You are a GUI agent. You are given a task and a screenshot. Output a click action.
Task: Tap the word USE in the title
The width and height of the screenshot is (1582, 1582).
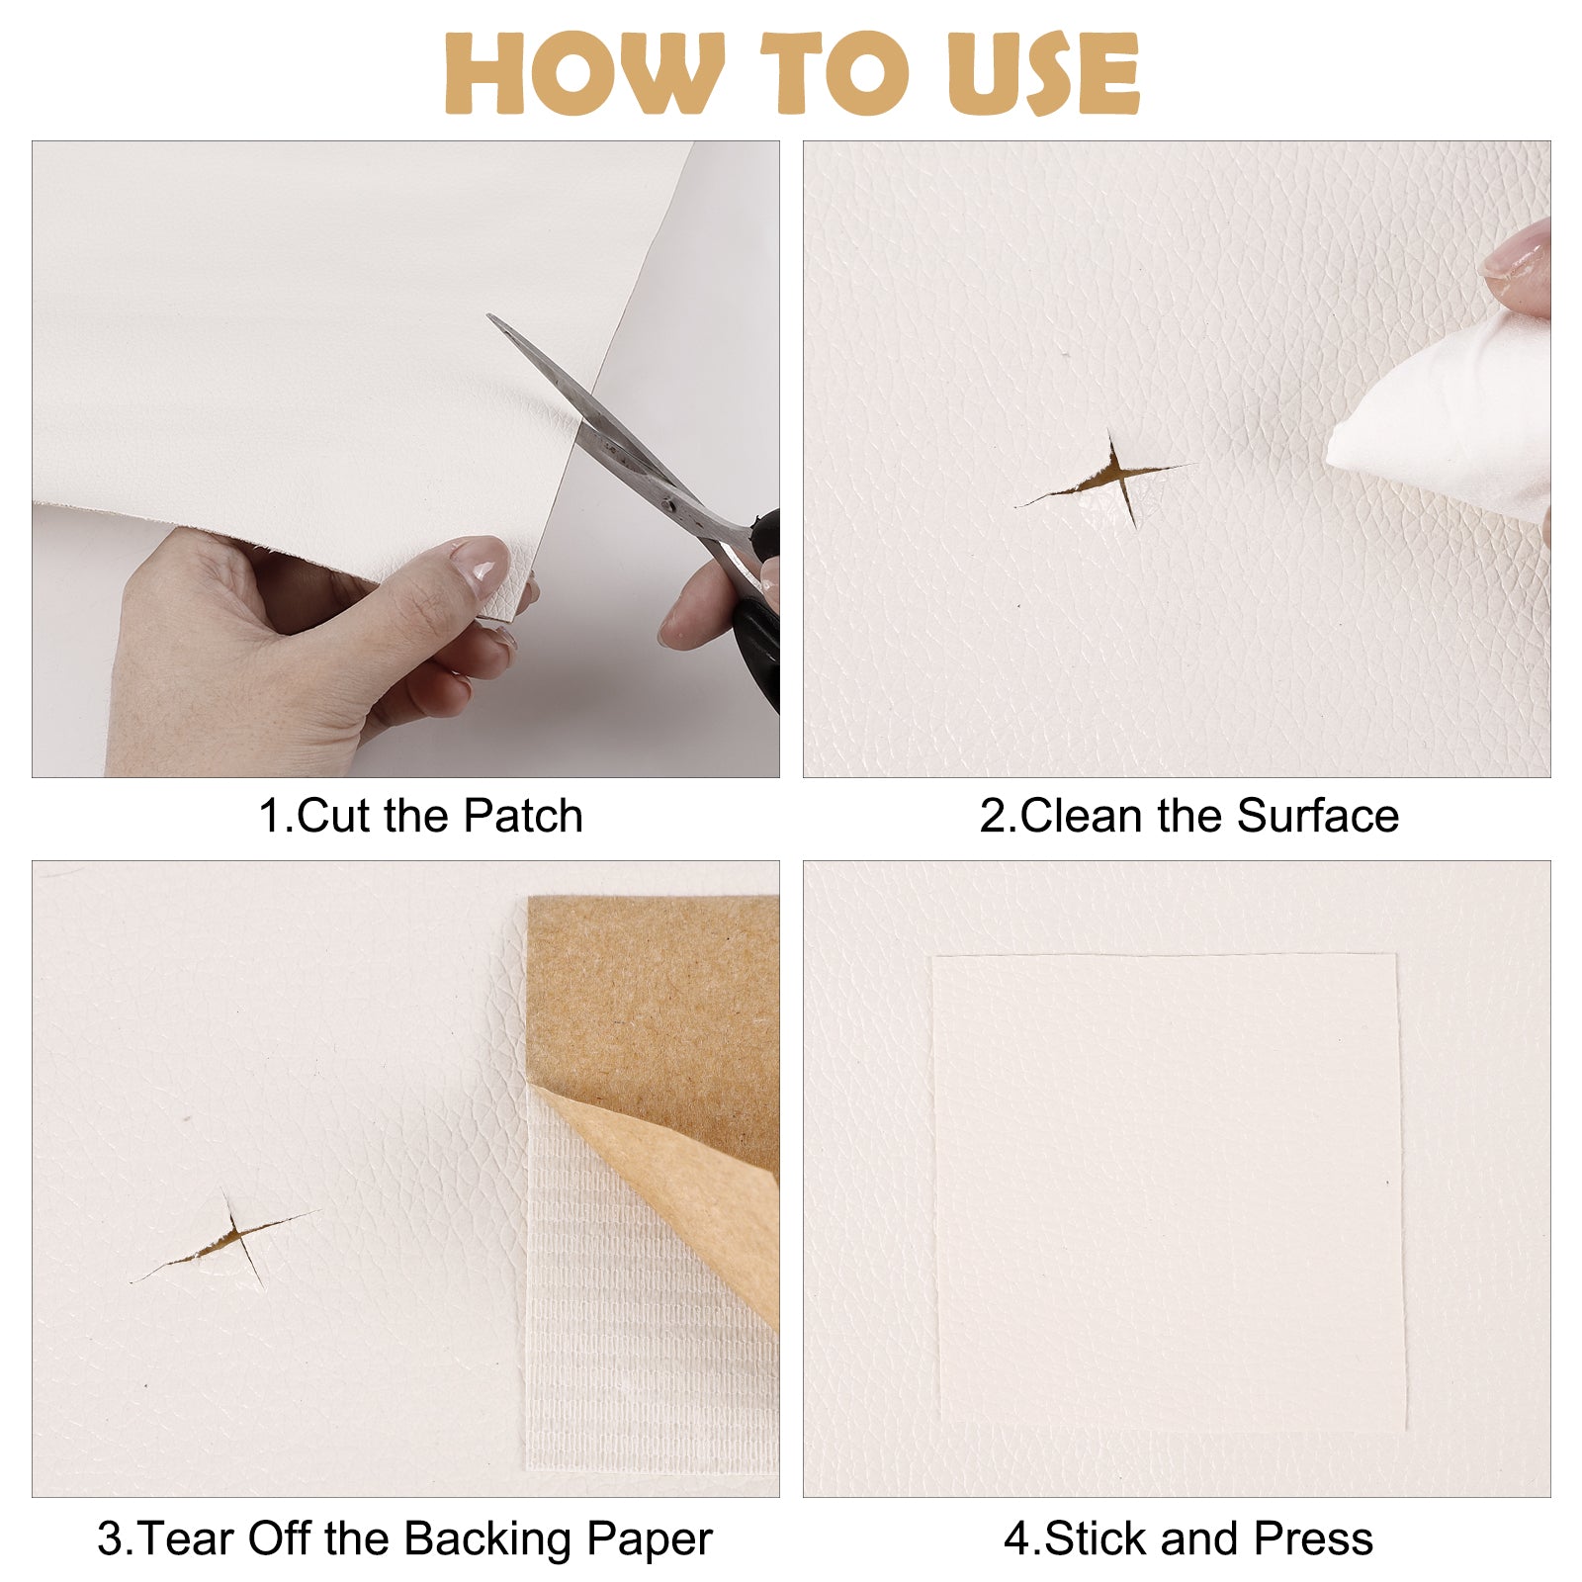click(1043, 73)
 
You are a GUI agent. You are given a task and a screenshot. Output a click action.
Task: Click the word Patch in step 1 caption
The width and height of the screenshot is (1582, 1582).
click(523, 817)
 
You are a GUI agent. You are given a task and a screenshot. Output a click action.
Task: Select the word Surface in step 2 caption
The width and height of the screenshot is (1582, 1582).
click(1318, 817)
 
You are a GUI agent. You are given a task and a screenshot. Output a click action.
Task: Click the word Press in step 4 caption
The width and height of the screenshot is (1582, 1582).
click(1314, 1539)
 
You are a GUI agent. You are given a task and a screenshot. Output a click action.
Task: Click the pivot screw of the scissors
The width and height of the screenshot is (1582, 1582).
click(669, 503)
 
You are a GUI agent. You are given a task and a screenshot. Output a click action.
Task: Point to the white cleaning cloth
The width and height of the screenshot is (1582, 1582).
click(1444, 415)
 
